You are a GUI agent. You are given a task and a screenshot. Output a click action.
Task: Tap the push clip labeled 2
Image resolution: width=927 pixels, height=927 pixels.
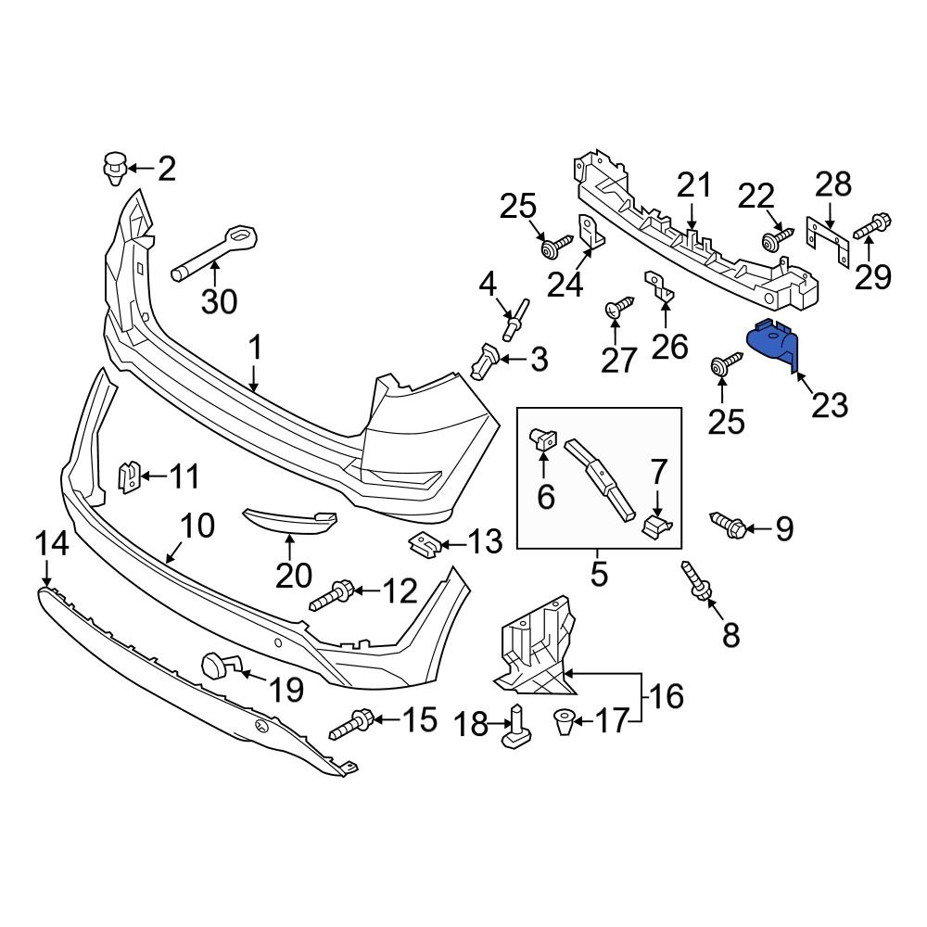[x=113, y=169]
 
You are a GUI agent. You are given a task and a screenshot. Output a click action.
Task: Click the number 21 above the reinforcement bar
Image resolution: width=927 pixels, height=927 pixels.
[x=692, y=186]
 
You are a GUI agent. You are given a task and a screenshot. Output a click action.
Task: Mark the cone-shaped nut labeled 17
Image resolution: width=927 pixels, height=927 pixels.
[x=564, y=721]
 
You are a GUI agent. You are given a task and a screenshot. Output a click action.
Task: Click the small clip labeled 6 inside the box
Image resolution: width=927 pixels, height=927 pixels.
[x=540, y=439]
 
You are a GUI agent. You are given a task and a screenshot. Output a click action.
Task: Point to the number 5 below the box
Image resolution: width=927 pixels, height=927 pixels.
[x=599, y=573]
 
